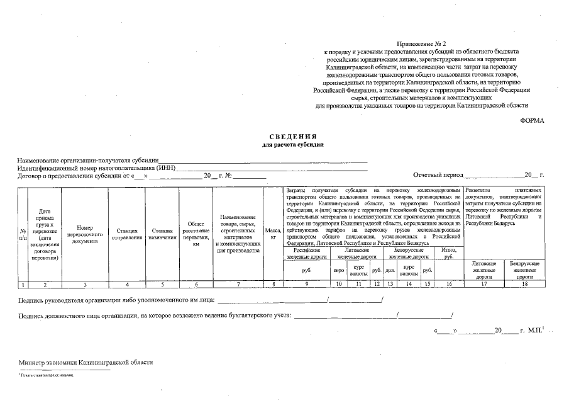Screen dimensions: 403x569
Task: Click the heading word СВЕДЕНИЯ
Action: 293,137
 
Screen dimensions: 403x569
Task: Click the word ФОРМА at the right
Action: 532,120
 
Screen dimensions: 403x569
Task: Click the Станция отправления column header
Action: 127,234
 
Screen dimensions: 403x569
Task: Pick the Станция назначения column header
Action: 162,234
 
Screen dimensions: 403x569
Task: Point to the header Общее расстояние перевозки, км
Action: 196,234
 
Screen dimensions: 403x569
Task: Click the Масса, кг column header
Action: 273,234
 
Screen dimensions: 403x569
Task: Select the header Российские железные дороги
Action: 306,254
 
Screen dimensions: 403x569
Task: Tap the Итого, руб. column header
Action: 449,254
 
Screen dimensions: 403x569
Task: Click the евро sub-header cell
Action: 338,270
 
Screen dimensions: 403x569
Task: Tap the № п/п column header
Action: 23,234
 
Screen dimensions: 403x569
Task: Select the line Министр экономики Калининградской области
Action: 86,363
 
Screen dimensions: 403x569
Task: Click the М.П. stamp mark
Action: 535,330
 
